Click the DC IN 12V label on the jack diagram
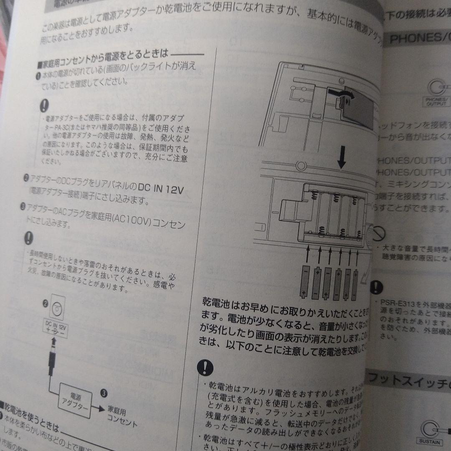pyautogui.click(x=56, y=325)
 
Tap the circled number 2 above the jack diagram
pyautogui.click(x=46, y=304)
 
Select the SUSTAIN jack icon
pyautogui.click(x=430, y=430)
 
